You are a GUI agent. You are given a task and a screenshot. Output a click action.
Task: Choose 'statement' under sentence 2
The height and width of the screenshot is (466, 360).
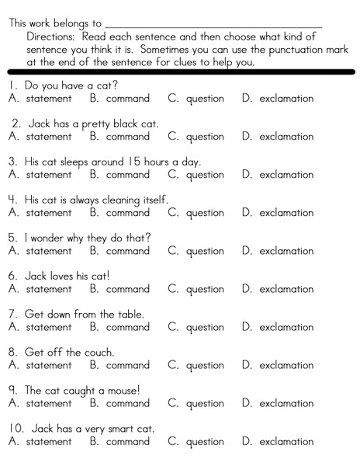point(49,137)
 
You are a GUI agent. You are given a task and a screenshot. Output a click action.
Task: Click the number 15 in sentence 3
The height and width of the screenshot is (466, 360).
point(134,162)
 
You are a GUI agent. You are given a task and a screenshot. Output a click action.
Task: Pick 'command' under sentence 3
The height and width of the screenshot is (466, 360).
point(128,175)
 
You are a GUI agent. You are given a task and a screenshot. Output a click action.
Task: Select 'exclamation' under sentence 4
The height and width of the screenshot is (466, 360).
point(286,213)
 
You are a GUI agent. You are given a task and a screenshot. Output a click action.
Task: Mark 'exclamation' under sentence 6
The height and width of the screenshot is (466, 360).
point(286,289)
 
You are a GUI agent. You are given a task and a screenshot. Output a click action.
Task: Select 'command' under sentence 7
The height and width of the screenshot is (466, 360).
point(128,327)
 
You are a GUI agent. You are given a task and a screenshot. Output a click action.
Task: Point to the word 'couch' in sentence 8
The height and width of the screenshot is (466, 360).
point(99,352)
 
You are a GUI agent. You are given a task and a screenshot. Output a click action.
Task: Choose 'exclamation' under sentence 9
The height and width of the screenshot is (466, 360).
point(286,403)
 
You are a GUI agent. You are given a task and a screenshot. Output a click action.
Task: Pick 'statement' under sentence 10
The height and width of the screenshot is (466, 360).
point(49,441)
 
